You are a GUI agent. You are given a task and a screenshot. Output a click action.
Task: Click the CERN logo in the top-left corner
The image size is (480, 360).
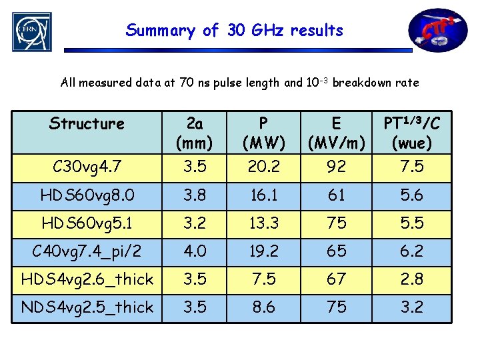point(31,32)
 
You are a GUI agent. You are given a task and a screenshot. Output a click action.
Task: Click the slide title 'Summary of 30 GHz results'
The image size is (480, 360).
point(235,30)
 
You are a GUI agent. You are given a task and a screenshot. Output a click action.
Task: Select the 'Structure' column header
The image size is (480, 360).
point(87,124)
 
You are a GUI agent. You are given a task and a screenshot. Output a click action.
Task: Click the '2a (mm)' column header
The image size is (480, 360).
point(195,133)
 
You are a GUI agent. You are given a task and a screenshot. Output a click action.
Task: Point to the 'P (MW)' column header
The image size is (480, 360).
point(263,133)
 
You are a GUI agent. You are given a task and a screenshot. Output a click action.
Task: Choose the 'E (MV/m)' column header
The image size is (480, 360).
point(336,133)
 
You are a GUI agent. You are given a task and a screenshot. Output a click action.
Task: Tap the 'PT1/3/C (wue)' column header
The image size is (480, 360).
point(412,133)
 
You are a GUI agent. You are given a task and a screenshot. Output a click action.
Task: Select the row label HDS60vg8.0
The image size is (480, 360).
point(87,195)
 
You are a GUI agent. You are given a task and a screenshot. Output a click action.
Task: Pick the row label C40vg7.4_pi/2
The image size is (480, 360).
point(87,251)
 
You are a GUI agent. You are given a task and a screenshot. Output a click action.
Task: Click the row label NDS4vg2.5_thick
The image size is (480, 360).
point(87,307)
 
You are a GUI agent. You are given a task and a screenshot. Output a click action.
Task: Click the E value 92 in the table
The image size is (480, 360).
point(336,167)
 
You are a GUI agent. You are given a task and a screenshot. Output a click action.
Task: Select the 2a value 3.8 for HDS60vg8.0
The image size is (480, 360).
point(195,195)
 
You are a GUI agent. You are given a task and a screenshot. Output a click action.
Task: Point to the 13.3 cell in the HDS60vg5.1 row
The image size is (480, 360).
point(263,223)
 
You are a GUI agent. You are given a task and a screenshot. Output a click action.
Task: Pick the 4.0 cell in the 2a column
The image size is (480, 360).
point(195,251)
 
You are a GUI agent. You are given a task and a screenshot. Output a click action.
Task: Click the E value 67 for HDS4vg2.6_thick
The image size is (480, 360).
point(336,279)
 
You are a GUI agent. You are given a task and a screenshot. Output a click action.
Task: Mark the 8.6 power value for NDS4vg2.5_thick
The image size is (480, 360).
point(263,307)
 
